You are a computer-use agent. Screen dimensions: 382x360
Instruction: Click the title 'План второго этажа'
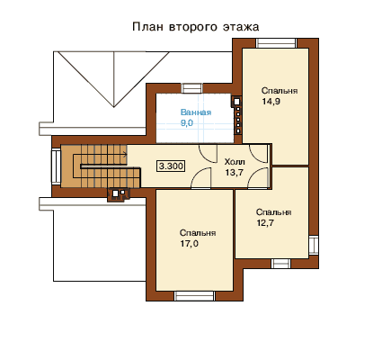click(196, 27)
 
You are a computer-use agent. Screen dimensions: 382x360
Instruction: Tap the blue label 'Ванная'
click(196, 112)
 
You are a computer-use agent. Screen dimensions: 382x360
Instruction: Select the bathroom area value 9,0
click(187, 123)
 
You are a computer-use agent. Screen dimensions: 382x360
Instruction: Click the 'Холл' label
click(235, 162)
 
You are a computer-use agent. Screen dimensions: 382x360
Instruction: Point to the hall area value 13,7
click(234, 173)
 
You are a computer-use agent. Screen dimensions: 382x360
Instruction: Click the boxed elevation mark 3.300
click(171, 166)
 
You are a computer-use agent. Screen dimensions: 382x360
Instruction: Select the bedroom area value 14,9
click(271, 102)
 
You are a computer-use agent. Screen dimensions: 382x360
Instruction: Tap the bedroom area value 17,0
click(189, 244)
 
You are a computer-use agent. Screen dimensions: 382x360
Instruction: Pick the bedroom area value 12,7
click(265, 223)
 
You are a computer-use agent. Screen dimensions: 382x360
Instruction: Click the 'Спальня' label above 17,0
click(198, 233)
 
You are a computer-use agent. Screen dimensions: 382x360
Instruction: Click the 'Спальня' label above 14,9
click(280, 91)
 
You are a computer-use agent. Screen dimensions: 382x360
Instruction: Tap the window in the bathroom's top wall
click(192, 88)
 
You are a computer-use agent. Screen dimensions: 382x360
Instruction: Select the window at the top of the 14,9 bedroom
click(276, 43)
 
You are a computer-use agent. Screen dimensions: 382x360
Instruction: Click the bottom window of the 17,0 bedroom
click(195, 296)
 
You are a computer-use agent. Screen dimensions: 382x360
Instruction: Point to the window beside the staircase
click(56, 166)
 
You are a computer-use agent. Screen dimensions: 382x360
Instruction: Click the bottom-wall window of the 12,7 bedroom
click(281, 264)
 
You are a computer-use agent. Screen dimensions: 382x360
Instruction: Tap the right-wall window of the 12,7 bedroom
click(314, 245)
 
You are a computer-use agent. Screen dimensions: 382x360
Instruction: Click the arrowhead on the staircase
click(125, 155)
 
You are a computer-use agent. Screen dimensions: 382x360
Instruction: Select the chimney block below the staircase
click(119, 195)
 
